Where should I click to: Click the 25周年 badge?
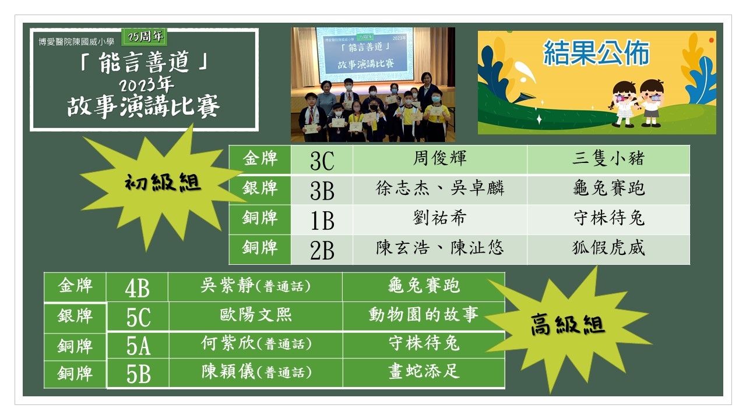[x=144, y=37]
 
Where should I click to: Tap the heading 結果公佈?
[x=596, y=52]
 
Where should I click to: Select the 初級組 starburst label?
[x=163, y=182]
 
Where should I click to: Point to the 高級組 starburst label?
[x=568, y=325]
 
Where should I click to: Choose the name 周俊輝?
[x=439, y=158]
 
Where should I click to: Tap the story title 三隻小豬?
[x=608, y=158]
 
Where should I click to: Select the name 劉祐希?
[x=439, y=218]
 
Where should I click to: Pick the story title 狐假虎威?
[x=608, y=248]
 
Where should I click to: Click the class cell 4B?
[x=137, y=288]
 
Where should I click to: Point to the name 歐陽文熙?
[x=256, y=315]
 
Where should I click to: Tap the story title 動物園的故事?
[x=424, y=315]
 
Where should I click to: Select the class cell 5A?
[x=138, y=346]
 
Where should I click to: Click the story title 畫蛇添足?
[x=424, y=371]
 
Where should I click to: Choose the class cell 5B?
[x=138, y=374]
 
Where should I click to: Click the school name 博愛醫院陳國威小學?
[x=76, y=42]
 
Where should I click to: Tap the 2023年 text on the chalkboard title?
[x=146, y=84]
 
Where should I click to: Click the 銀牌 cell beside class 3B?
[x=260, y=188]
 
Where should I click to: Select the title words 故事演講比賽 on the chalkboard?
[x=143, y=106]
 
